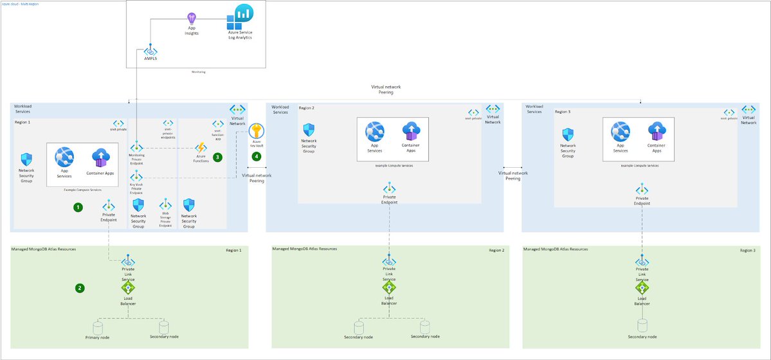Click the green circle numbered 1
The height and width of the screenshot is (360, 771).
point(78,207)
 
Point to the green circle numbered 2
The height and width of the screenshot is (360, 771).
point(80,288)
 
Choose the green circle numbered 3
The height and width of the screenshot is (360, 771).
point(218,156)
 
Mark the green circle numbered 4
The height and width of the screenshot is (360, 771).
point(257,156)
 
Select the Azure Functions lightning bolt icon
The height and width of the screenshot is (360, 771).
point(200,149)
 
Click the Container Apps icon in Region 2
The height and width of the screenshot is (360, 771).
point(411,132)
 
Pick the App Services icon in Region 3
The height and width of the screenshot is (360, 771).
point(621,132)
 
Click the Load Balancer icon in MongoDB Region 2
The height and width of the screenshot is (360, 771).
point(389,287)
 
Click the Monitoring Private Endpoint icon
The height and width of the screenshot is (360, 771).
point(136,148)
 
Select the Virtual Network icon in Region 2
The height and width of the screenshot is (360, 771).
point(493,109)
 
